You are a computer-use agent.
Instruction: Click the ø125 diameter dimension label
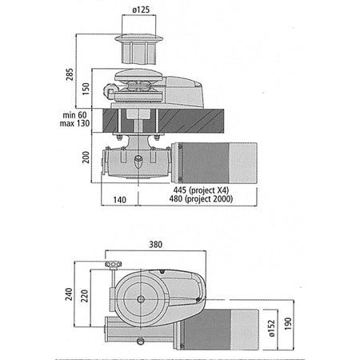point(141,10)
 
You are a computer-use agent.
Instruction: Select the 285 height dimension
point(70,74)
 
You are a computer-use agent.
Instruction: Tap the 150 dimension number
point(86,89)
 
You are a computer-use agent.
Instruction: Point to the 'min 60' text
point(74,115)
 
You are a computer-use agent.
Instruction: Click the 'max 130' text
point(74,123)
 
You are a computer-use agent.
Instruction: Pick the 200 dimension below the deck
point(86,158)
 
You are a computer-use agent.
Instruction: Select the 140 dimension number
point(119,200)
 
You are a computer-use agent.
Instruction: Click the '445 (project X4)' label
point(201,190)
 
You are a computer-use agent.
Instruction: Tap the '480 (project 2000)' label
point(201,198)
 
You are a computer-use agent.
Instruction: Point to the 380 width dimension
point(155,245)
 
